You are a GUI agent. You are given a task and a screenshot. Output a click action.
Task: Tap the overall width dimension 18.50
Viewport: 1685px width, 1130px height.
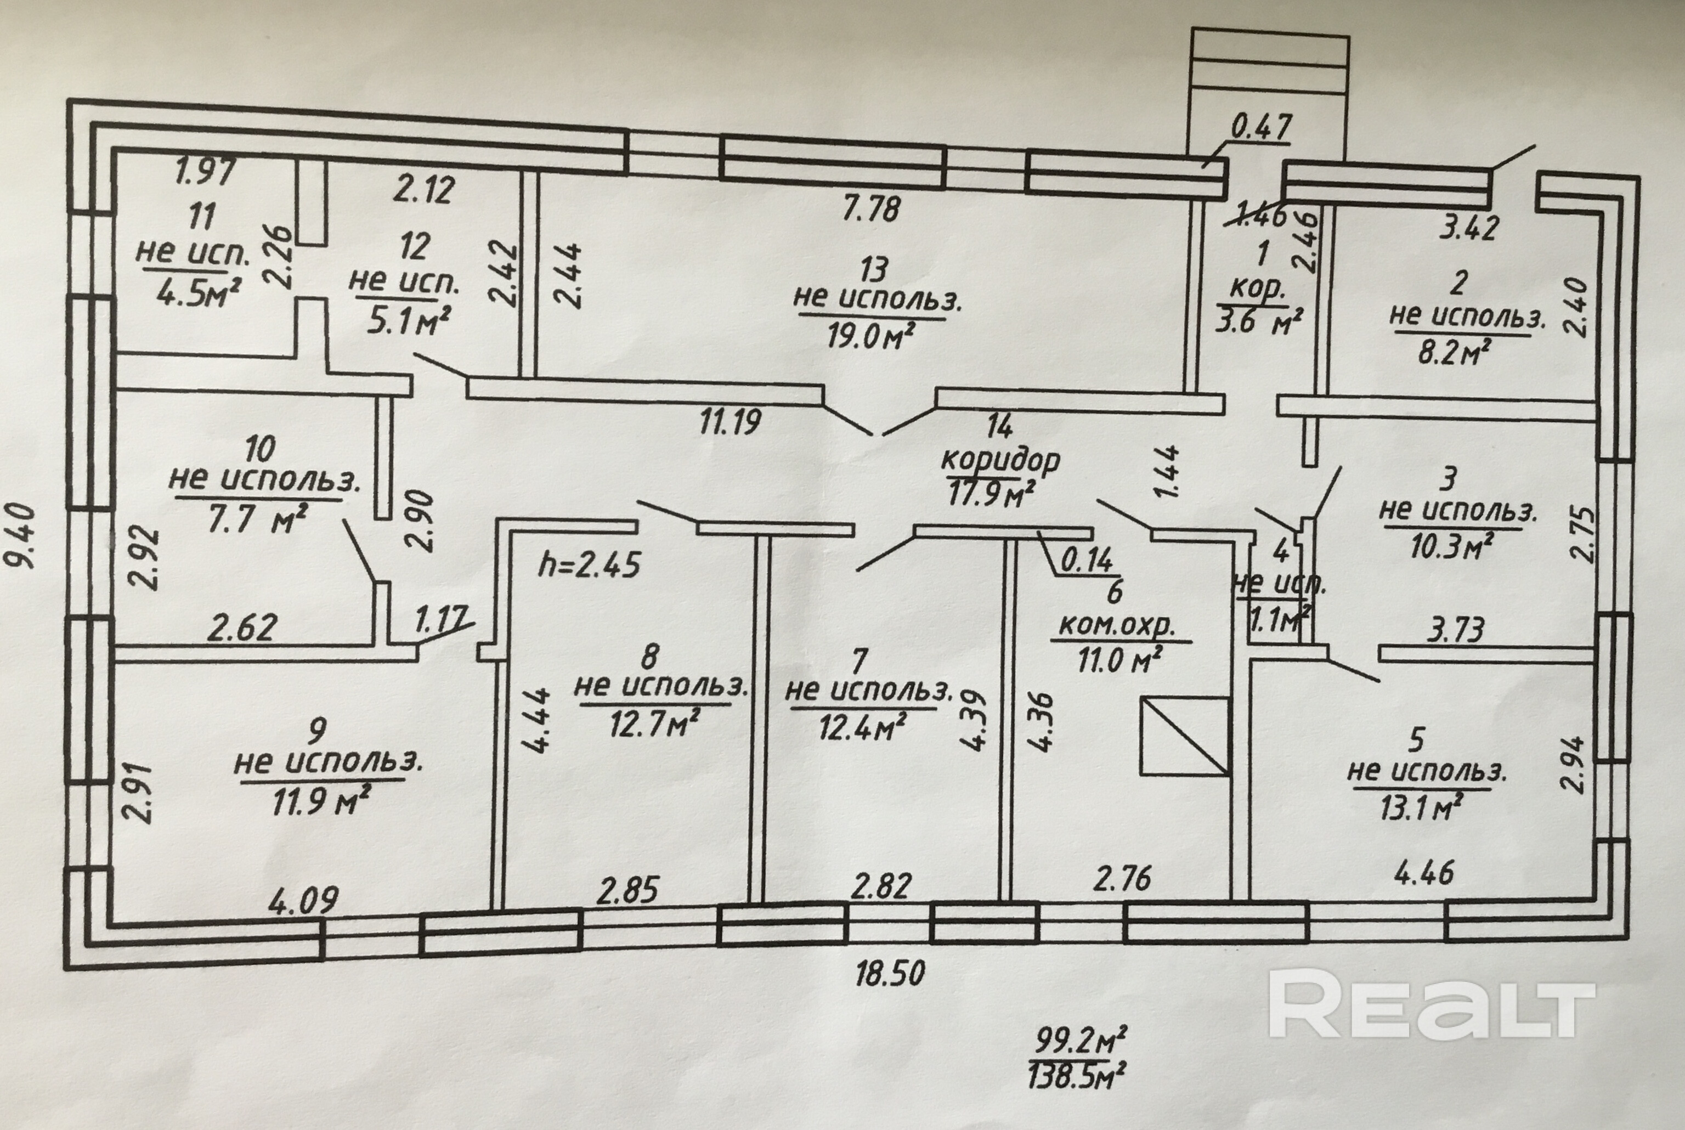[890, 974]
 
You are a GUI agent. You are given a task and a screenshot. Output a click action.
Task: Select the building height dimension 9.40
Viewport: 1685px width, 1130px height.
[23, 535]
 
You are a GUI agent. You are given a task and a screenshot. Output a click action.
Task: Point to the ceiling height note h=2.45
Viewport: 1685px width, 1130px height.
[589, 564]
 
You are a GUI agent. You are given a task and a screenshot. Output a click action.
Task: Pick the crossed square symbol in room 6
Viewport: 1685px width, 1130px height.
[1184, 736]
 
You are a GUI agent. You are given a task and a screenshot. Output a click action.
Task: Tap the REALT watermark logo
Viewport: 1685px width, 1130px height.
[1432, 1004]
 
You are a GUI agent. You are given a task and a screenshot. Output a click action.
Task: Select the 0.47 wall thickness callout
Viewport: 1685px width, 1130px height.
[1260, 128]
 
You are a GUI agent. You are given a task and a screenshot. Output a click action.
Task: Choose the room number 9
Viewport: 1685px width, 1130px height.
[316, 731]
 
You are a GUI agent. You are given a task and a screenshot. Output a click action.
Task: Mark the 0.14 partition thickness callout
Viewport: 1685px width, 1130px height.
[1087, 560]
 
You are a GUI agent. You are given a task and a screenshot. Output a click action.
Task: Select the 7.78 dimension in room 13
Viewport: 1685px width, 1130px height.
[871, 209]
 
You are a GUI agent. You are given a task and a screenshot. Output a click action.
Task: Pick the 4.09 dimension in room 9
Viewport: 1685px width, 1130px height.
[303, 900]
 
